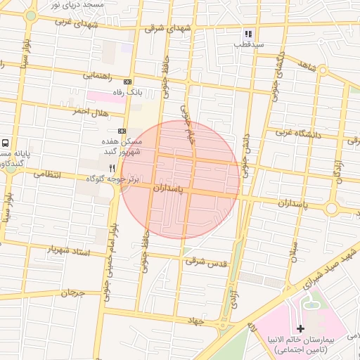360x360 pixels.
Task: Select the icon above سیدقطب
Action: click(247, 33)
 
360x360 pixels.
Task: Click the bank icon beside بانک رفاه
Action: click(127, 82)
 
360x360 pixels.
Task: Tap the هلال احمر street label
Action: click(91, 112)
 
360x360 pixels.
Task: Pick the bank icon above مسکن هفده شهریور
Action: click(122, 131)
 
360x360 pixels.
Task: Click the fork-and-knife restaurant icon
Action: click(112, 168)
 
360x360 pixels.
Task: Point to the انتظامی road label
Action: click(47, 174)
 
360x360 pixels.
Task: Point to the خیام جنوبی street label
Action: click(186, 125)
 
